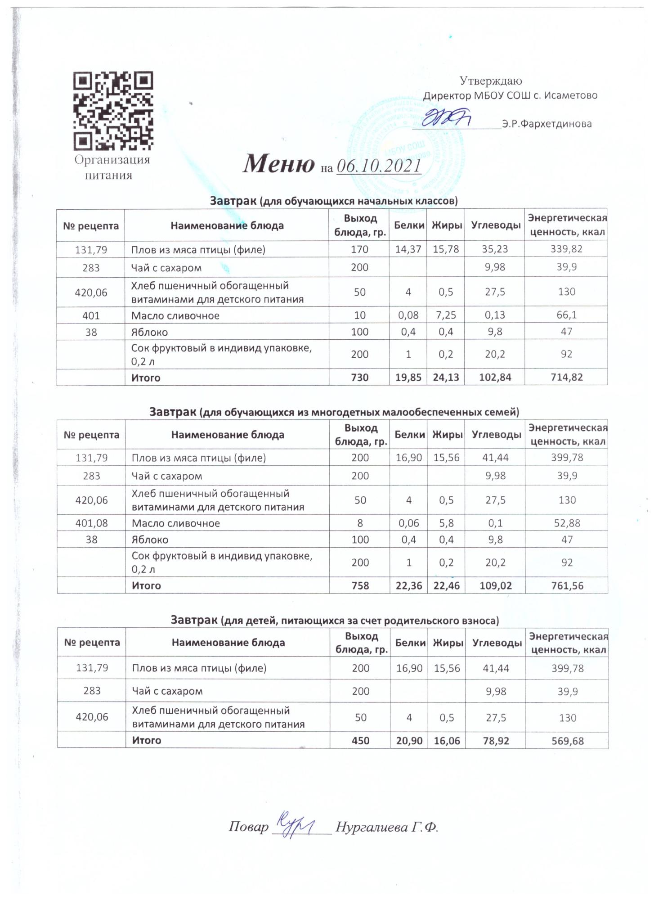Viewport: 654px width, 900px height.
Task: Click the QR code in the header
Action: (113, 111)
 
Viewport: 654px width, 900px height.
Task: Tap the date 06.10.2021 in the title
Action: (378, 166)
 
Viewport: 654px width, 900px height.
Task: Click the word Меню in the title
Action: (278, 164)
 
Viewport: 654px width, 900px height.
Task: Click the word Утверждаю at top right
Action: (491, 81)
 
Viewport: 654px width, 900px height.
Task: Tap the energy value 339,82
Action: (566, 249)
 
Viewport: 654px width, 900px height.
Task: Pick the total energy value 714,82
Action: (566, 378)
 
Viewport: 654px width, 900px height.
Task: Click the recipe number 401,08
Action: (91, 523)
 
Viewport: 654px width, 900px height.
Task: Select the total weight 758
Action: (360, 585)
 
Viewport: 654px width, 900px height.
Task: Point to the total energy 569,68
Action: (567, 740)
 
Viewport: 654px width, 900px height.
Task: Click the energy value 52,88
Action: (567, 523)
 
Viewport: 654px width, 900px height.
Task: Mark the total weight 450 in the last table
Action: (360, 740)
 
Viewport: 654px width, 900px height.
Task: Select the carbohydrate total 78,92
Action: (496, 740)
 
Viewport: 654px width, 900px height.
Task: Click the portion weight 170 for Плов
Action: (359, 249)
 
